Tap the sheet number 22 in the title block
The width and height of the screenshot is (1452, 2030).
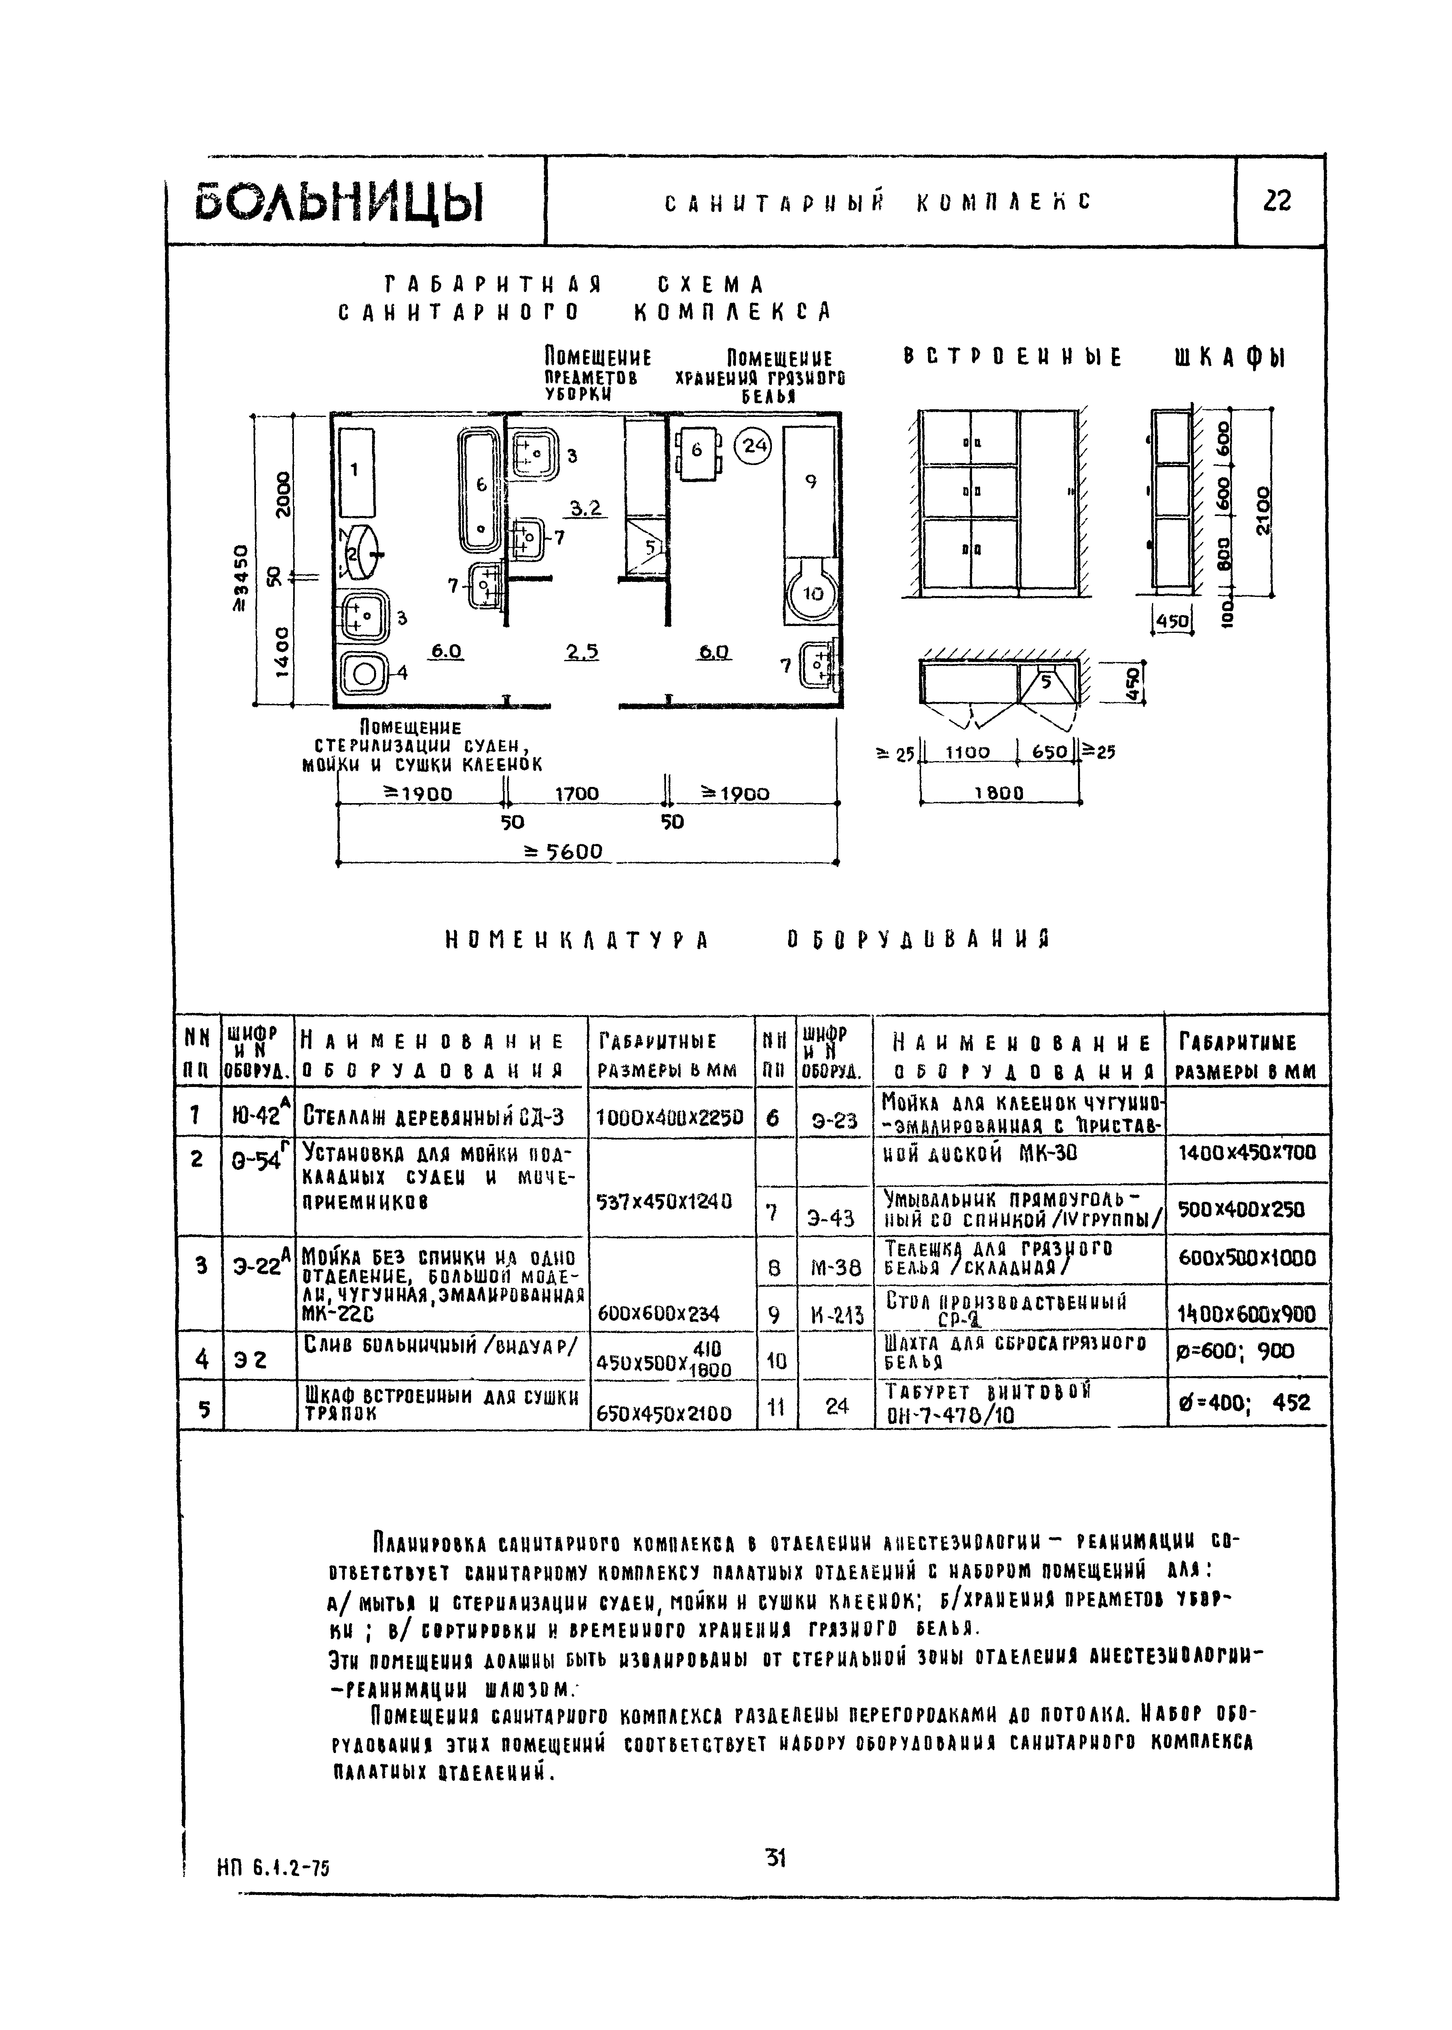point(1278,202)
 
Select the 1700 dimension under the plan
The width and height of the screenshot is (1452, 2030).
point(577,793)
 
